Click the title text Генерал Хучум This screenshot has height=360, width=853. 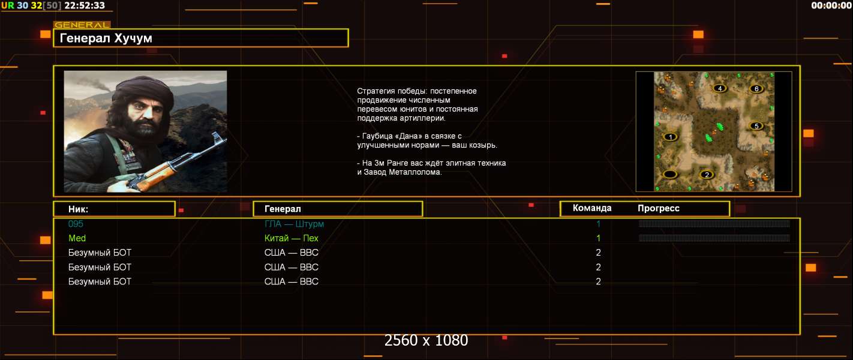coord(106,38)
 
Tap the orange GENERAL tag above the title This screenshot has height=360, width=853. coord(82,25)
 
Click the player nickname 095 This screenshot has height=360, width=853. coord(76,224)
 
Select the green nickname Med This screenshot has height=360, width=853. coord(77,238)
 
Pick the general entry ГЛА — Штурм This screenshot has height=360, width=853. coord(294,224)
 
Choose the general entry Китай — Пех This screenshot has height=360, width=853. coord(292,238)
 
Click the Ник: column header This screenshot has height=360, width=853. coord(78,209)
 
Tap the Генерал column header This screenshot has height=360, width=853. coord(283,209)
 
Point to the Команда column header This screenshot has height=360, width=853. coord(592,208)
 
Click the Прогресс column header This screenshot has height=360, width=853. coord(659,208)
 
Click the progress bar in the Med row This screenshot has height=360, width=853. coord(714,238)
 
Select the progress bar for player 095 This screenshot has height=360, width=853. coord(714,224)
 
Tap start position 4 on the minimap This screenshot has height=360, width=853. coord(720,88)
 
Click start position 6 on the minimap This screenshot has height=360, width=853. coord(756,89)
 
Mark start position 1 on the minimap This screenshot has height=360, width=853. coord(671,137)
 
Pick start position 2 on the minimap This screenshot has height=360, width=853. coord(707,175)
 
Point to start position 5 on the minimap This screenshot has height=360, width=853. coord(756,126)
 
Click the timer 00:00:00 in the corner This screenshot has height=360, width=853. coord(831,5)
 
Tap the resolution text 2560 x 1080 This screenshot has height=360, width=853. coord(426,340)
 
